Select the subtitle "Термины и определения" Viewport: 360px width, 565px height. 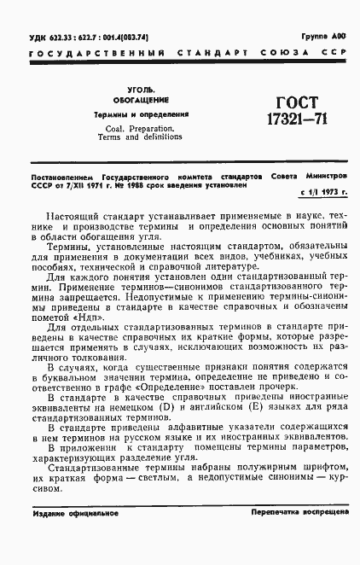[x=140, y=114]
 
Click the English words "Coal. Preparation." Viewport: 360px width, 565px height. [x=136, y=128]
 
